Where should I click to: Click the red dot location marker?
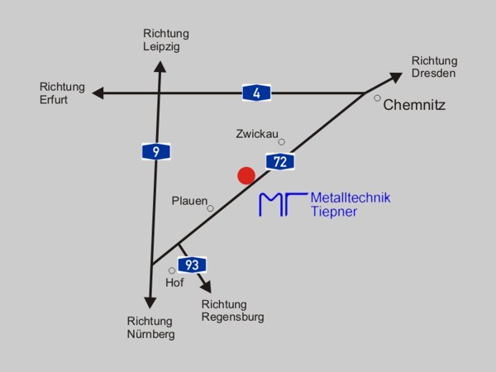246,175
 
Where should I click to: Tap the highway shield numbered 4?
257,93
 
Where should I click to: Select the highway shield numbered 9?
155,151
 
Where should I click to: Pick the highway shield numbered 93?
192,265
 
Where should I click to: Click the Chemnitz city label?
414,105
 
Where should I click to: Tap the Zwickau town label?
255,133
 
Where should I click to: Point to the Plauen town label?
189,201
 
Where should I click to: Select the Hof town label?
174,282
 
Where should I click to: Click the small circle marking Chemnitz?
377,98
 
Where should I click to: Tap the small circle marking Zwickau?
281,141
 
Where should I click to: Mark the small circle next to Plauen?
210,208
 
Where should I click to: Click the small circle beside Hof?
172,270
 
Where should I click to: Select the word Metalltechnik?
350,198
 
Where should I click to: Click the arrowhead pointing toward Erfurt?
98,93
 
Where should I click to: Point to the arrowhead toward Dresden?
391,77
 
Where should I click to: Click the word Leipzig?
161,47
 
